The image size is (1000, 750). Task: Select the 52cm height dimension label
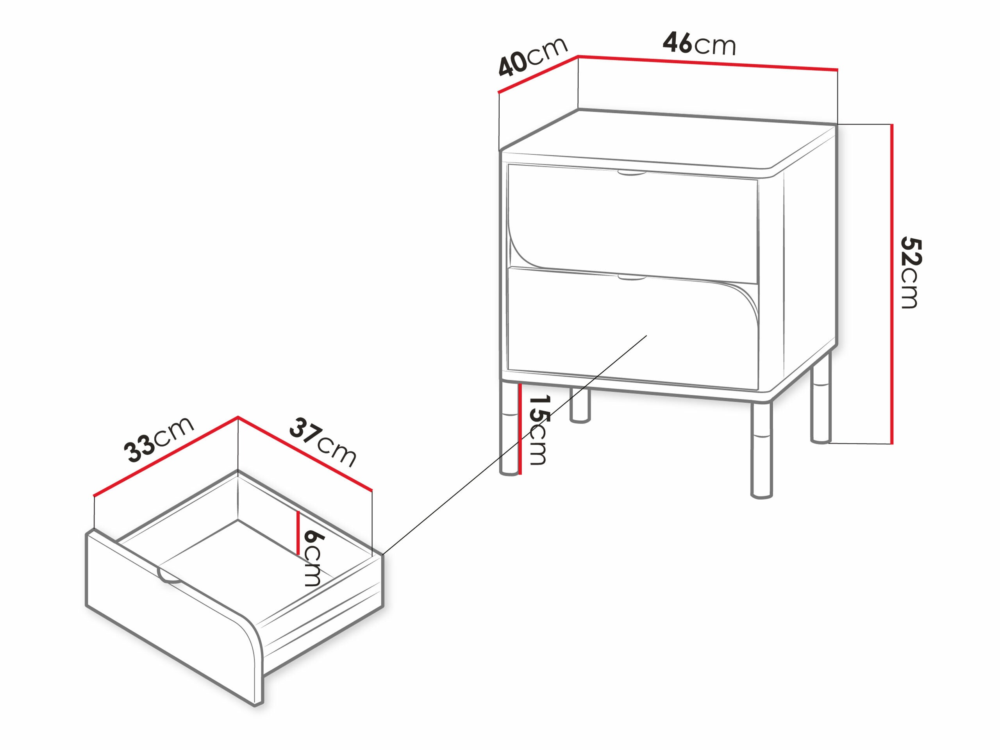[x=910, y=273]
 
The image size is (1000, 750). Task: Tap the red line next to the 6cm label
[x=298, y=534]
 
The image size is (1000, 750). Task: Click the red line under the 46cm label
[x=707, y=63]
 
